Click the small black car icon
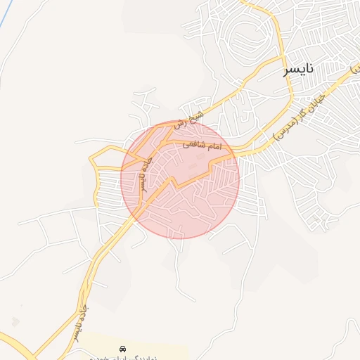[123, 349]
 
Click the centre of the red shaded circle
[180, 179]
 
